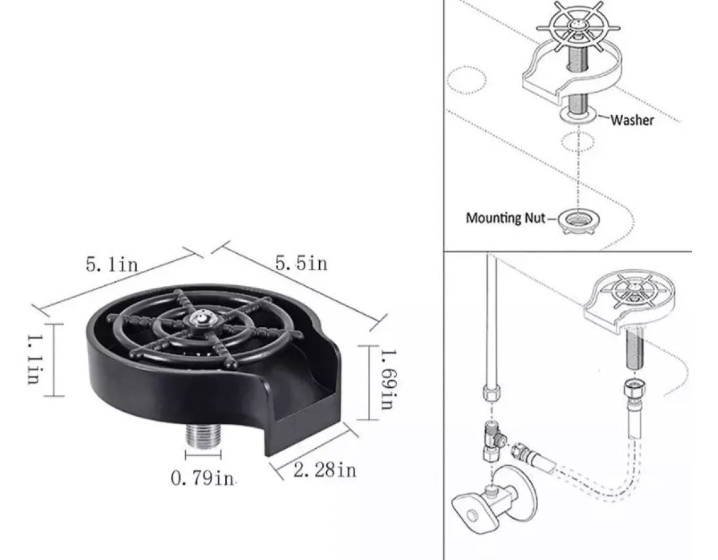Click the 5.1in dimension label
coord(112,264)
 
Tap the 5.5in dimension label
coord(301,263)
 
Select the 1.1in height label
coord(35,359)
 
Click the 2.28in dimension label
coord(324,470)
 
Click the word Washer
coord(632,120)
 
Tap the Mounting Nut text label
coord(506,218)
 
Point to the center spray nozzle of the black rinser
coord(200,317)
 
